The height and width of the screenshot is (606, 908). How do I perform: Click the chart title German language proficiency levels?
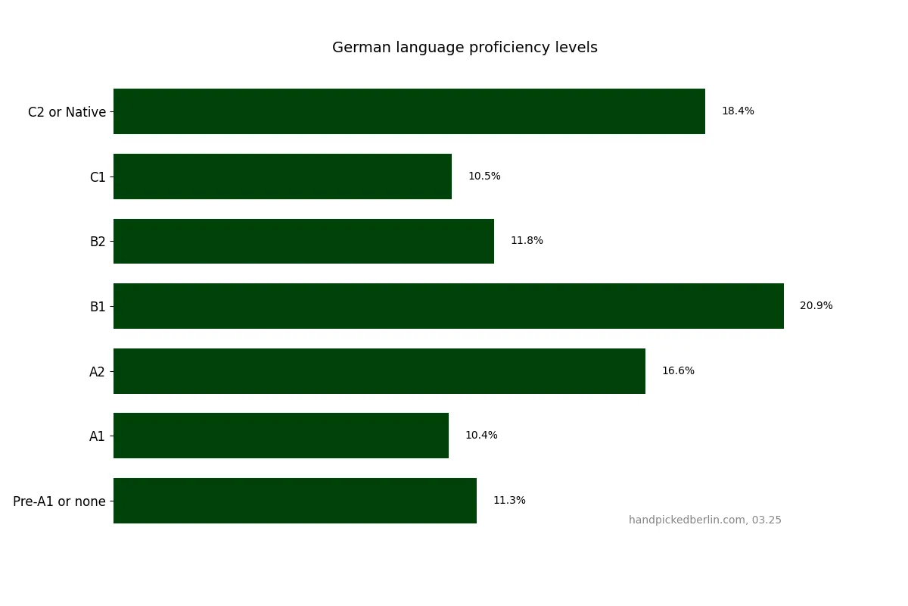[x=465, y=48]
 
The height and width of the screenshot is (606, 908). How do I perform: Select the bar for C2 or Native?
[x=409, y=111]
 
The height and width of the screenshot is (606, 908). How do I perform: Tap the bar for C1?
[x=282, y=176]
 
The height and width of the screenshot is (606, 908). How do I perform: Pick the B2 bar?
[x=303, y=241]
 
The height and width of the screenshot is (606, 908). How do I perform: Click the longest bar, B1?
[x=448, y=306]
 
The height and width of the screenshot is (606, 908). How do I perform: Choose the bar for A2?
[x=379, y=371]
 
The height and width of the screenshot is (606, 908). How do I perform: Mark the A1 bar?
[x=281, y=436]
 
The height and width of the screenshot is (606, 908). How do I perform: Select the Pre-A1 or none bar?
[x=295, y=501]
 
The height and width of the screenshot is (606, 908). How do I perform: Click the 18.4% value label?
[x=738, y=111]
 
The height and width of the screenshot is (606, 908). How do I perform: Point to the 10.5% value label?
[x=484, y=176]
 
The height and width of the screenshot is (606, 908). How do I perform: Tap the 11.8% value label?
[x=527, y=241]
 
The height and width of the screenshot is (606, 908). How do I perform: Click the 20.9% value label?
[x=816, y=306]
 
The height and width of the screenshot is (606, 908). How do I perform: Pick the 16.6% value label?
[x=678, y=371]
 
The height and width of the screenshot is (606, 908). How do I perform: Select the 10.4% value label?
[x=481, y=436]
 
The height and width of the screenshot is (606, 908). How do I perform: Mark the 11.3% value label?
[x=509, y=501]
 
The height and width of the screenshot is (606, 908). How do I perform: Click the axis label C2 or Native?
[x=67, y=112]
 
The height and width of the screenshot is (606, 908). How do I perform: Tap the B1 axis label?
[x=98, y=307]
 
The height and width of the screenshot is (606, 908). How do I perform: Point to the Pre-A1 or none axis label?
[x=59, y=501]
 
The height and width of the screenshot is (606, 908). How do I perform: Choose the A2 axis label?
[x=98, y=372]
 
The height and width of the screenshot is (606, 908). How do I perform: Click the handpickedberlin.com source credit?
[x=704, y=520]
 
